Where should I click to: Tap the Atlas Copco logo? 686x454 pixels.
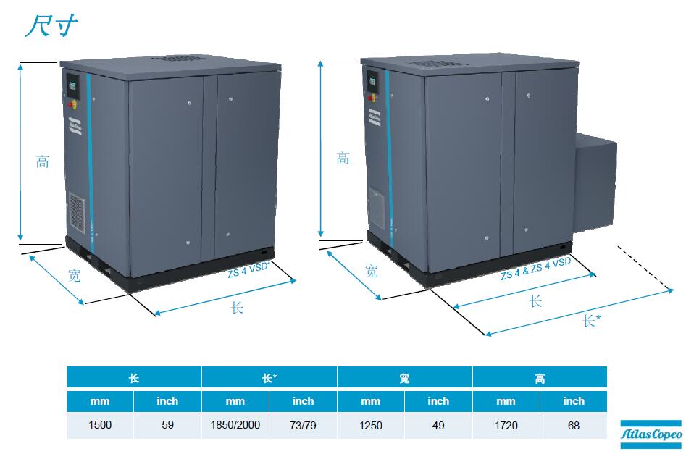tap(651, 433)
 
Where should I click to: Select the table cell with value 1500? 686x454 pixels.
tap(100, 425)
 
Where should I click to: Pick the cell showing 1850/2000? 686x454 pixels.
tap(235, 425)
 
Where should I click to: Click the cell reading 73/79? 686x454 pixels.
tap(303, 425)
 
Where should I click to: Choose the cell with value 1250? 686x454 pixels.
tap(370, 425)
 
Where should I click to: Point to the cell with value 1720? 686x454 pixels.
tap(506, 425)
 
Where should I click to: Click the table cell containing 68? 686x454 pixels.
tap(574, 425)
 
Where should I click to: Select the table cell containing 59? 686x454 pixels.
tap(167, 425)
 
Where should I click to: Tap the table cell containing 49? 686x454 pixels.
tap(438, 425)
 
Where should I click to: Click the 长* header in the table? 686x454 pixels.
tap(269, 378)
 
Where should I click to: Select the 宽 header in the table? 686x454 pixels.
tap(404, 378)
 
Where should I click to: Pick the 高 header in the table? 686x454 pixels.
tap(540, 378)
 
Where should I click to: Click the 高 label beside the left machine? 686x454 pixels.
tap(43, 161)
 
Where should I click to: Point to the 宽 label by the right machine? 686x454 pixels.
tap(371, 272)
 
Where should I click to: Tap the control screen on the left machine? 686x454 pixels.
tap(72, 84)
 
